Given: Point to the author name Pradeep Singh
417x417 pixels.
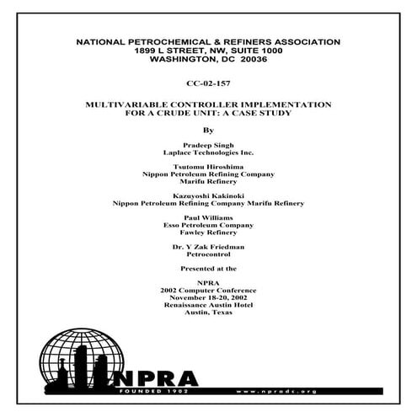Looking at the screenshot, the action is [x=208, y=146].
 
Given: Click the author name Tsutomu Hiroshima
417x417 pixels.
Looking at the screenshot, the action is [x=208, y=168].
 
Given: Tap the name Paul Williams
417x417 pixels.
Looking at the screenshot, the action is [x=208, y=218].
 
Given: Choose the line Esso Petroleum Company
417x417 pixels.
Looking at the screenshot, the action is [x=208, y=225].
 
